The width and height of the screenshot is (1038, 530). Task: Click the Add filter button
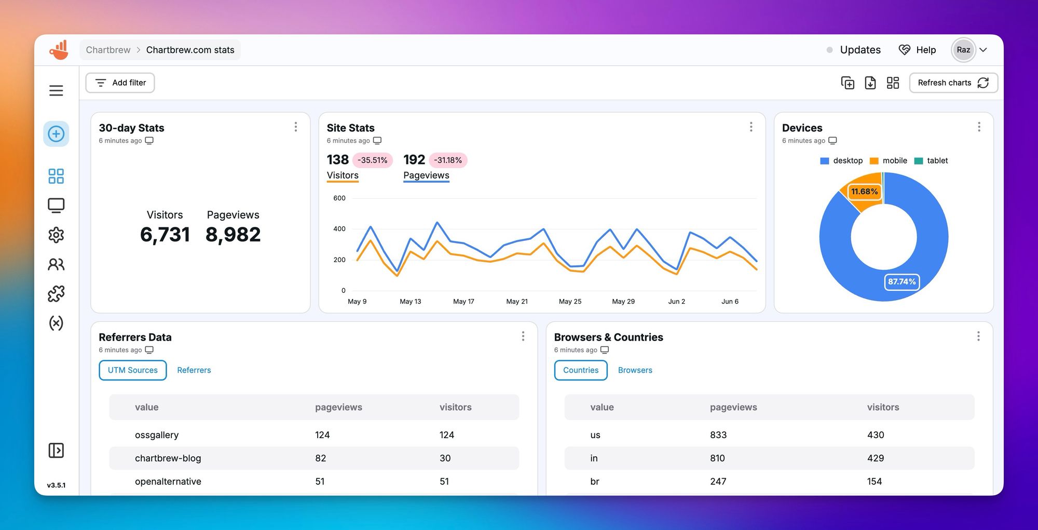pyautogui.click(x=120, y=83)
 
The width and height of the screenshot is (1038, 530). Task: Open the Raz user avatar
pyautogui.click(x=963, y=50)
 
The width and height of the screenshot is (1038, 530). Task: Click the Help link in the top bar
pyautogui.click(x=918, y=50)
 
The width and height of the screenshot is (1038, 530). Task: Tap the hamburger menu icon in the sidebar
pyautogui.click(x=56, y=90)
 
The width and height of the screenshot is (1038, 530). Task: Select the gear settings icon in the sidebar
pyautogui.click(x=56, y=235)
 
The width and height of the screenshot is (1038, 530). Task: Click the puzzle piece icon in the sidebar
pyautogui.click(x=56, y=294)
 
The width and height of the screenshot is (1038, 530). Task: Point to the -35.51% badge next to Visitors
pyautogui.click(x=372, y=160)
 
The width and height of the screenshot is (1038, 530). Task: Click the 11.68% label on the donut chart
pyautogui.click(x=864, y=192)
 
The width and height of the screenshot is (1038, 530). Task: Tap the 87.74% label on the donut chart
pyautogui.click(x=902, y=282)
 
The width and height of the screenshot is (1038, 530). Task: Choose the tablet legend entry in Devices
pyautogui.click(x=932, y=161)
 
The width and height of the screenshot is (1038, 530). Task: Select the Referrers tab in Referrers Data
pyautogui.click(x=194, y=370)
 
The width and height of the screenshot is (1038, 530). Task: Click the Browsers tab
pyautogui.click(x=635, y=370)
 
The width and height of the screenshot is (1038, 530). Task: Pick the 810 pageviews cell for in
pyautogui.click(x=717, y=458)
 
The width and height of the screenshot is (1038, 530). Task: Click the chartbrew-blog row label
pyautogui.click(x=168, y=458)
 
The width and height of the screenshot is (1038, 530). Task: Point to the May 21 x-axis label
pyautogui.click(x=517, y=302)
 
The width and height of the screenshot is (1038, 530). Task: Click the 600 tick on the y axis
pyautogui.click(x=339, y=198)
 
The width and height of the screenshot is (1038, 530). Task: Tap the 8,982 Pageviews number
pyautogui.click(x=233, y=235)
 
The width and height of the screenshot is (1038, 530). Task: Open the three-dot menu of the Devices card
pyautogui.click(x=979, y=127)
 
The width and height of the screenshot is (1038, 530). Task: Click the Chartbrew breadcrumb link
pyautogui.click(x=108, y=50)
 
